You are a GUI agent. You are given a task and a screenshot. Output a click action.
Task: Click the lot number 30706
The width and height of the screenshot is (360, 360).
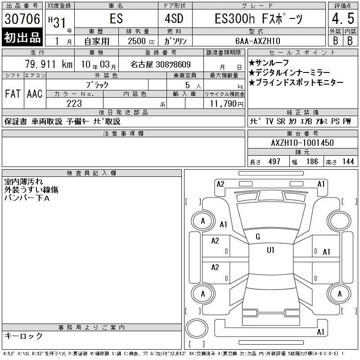coord(22,19)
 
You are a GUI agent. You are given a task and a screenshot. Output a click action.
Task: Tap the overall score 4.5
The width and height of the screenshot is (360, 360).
coord(343,18)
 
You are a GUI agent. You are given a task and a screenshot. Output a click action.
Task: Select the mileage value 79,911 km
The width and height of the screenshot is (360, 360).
coord(49,64)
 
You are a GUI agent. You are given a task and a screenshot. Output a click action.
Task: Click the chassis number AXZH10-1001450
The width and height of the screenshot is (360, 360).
coord(302,143)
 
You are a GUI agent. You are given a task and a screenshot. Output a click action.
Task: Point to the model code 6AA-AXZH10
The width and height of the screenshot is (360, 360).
coord(258,41)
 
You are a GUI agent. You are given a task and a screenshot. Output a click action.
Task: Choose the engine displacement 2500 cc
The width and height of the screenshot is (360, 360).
coord(141,41)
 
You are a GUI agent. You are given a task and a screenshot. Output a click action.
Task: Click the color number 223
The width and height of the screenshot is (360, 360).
coord(74,103)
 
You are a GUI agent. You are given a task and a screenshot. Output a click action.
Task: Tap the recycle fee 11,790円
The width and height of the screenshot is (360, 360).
coord(227,104)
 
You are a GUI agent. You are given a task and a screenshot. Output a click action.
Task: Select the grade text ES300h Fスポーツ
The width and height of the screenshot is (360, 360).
coord(259,19)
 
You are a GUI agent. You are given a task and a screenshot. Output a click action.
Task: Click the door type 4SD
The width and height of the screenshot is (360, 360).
coord(174,18)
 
